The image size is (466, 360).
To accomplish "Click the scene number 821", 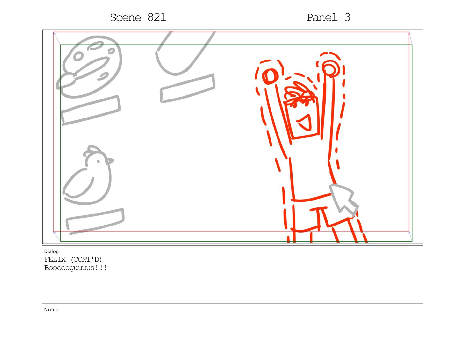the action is (157, 17).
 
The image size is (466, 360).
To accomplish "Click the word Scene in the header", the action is (126, 17).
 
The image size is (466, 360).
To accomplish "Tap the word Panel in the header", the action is (322, 17).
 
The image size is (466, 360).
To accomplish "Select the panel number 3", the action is (347, 17).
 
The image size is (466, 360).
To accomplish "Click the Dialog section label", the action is (51, 251).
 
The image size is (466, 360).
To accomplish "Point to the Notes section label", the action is (51, 310).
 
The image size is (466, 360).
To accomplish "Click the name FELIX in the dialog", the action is (55, 260).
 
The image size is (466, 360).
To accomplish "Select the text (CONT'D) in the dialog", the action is (86, 260).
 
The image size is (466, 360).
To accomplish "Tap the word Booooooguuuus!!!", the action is (75, 268).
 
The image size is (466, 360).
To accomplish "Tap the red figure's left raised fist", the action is (270, 76).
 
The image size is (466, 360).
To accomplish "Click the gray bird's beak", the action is (110, 161).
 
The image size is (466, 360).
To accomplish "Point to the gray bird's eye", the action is (98, 161).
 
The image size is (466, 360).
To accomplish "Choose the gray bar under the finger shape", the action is (187, 88).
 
